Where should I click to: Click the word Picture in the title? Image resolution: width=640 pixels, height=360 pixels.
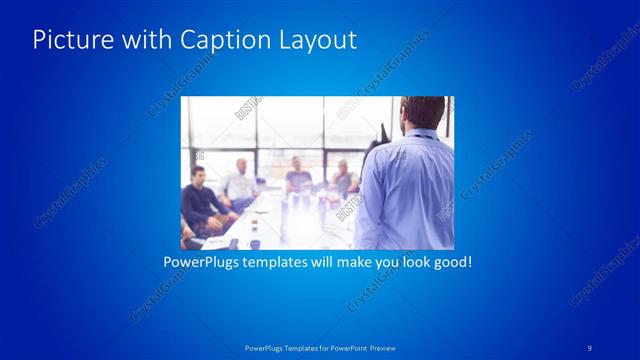click(66, 40)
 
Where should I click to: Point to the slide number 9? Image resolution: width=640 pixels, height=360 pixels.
click(589, 347)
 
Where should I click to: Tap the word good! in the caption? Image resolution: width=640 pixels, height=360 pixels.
click(452, 263)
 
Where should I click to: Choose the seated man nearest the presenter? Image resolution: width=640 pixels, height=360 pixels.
click(342, 177)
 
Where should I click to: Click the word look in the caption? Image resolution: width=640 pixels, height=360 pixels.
click(415, 263)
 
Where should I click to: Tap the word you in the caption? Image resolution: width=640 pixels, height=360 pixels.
click(392, 263)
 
